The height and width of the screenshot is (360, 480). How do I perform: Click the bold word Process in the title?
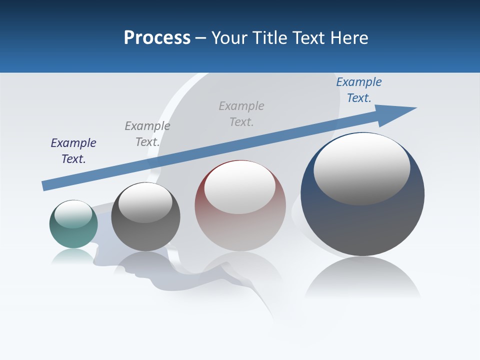coord(157,38)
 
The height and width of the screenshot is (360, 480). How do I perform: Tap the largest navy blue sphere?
coord(362,225)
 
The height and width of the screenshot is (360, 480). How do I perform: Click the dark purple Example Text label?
coord(73,150)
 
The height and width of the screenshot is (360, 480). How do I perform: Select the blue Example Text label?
coord(359,90)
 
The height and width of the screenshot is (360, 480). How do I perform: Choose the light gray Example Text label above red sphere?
coord(241,113)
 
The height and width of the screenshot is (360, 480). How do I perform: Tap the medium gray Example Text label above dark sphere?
coord(147,133)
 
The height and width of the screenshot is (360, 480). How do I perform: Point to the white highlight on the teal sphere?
coord(73,214)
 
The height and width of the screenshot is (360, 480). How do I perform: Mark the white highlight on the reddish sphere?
coord(239,186)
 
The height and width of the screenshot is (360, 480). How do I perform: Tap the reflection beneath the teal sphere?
coord(73,255)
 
